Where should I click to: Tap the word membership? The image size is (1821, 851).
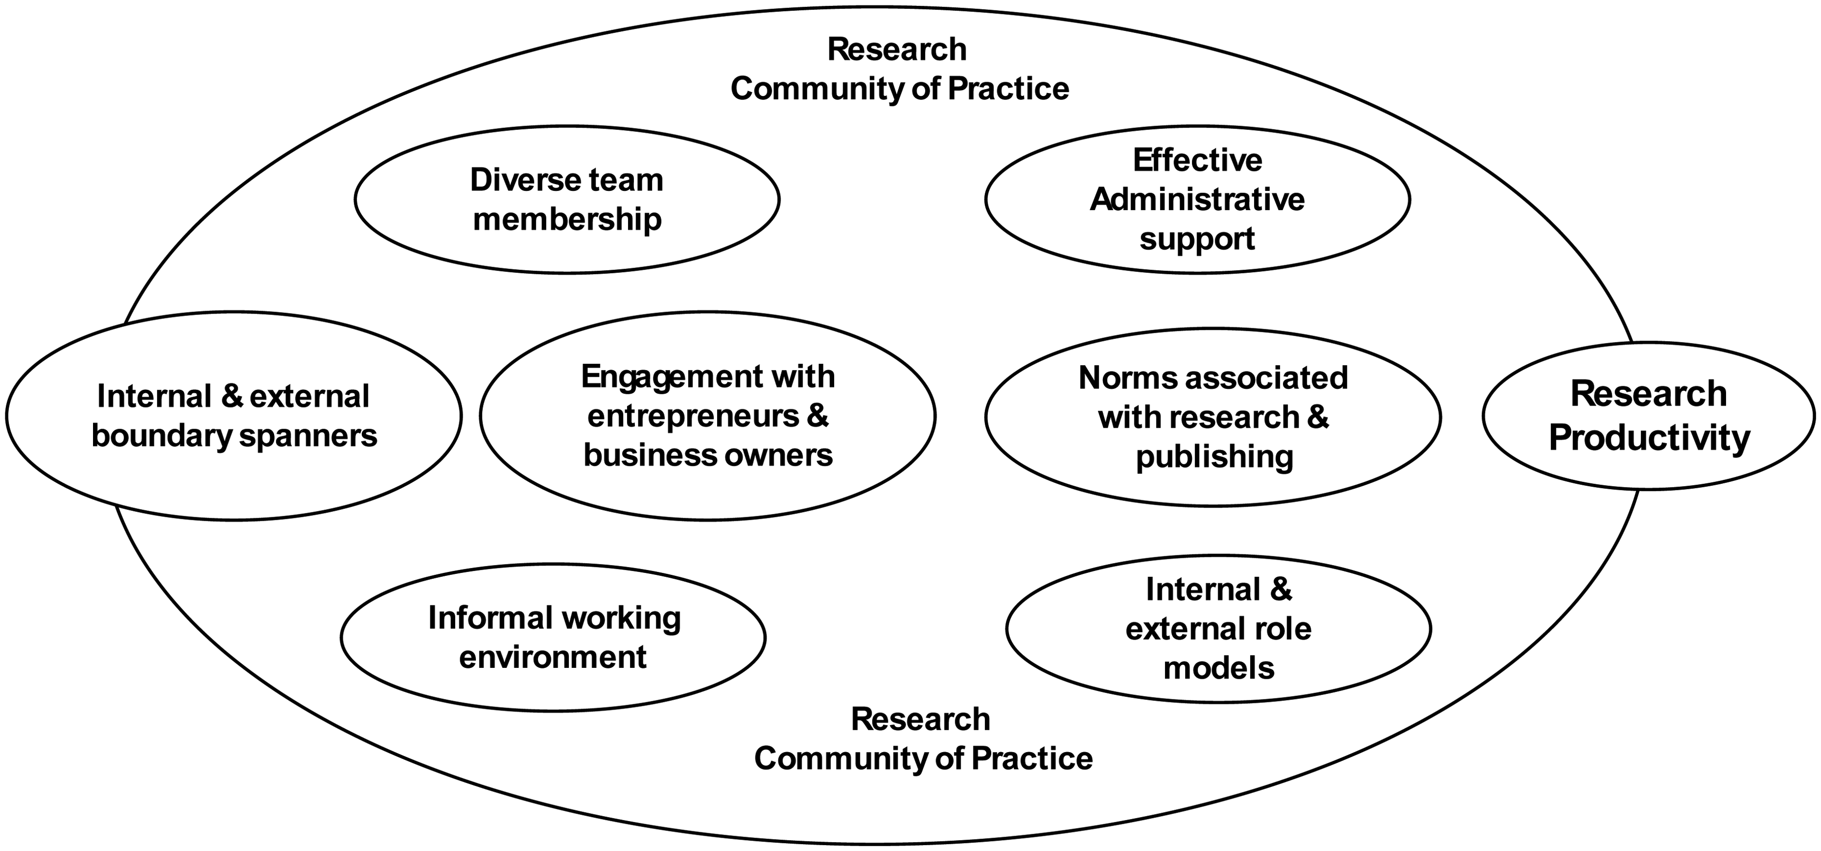coord(567,220)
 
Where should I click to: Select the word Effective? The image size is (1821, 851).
coord(1197,160)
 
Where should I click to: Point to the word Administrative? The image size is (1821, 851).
coord(1197,199)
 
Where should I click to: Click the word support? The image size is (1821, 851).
coord(1197,240)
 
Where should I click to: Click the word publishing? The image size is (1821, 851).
coord(1215,457)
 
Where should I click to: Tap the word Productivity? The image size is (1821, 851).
coord(1649,438)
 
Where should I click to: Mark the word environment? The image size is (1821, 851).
coord(553,658)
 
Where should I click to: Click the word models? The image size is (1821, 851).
coord(1219,668)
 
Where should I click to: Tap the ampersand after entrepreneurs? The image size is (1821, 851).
coord(816,416)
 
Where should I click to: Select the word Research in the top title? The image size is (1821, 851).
coord(897,50)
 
